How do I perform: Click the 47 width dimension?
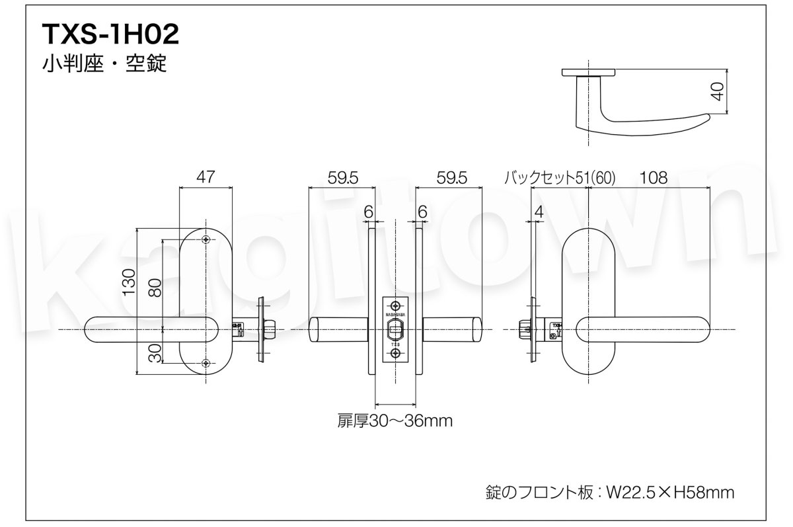pos(206,177)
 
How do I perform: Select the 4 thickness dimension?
pos(538,212)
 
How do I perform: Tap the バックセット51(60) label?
pos(559,177)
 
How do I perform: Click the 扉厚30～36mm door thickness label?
pos(395,421)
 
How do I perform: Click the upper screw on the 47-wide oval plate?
pos(206,239)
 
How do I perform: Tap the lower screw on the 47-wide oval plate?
pos(206,362)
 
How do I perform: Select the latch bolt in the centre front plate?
pos(395,328)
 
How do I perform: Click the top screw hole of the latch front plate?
pos(395,305)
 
